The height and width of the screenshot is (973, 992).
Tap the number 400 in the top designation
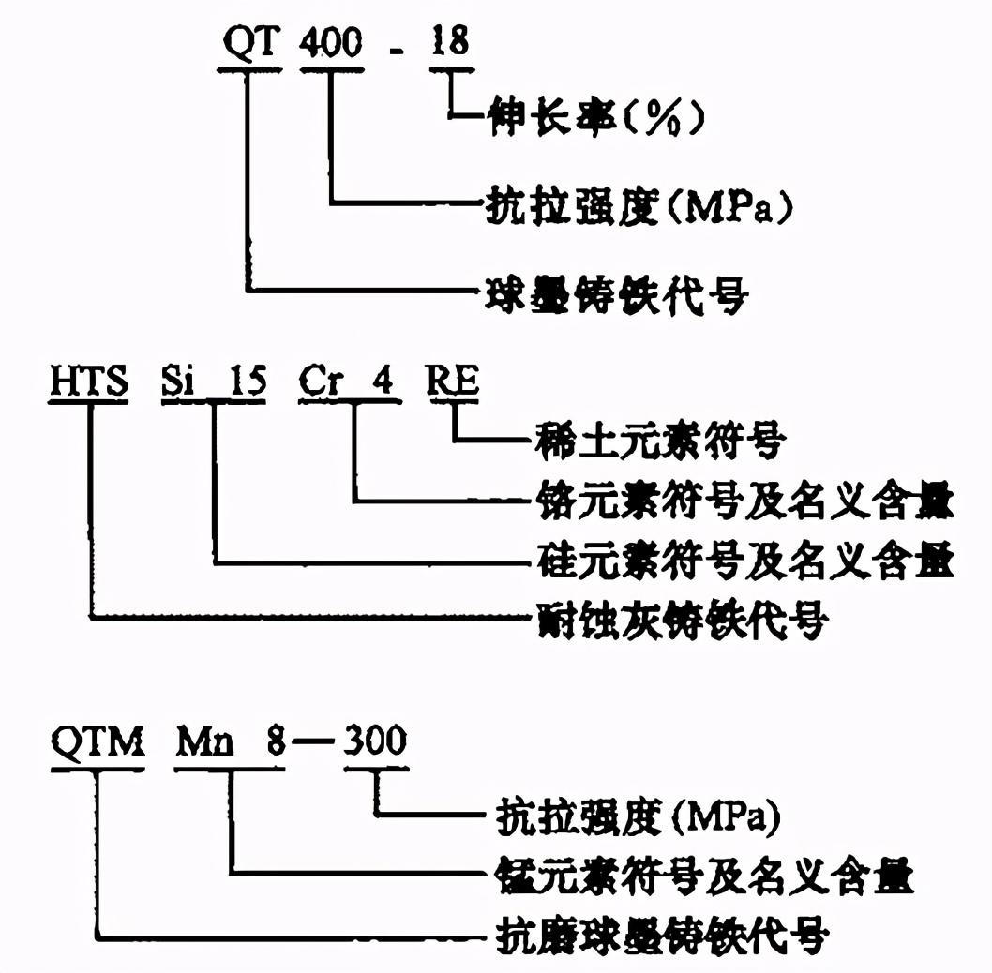coord(330,43)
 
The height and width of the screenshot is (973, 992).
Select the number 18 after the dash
coord(449,43)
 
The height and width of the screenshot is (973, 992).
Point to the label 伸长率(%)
coord(594,118)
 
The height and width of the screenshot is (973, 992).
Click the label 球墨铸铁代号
coord(613,292)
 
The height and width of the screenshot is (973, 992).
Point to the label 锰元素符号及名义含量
coord(703,876)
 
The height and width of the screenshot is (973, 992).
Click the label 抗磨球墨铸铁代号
coord(660,935)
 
